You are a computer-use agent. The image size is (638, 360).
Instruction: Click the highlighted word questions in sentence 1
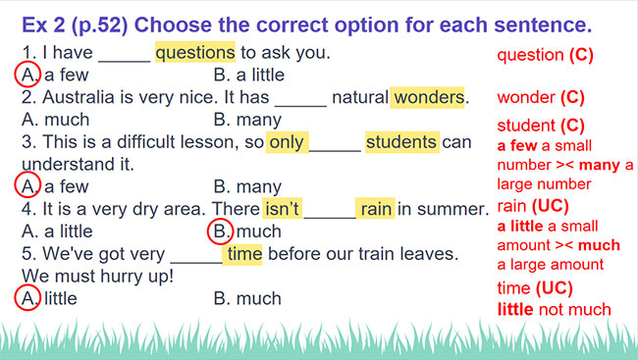[x=194, y=52]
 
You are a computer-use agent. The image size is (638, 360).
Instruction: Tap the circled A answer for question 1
[x=28, y=75]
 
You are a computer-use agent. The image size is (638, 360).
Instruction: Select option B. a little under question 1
[x=248, y=75]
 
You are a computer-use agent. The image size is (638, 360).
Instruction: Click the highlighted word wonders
[x=428, y=97]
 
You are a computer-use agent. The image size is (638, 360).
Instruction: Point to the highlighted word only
[x=287, y=142]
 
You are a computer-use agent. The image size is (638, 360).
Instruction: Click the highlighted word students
[x=400, y=142]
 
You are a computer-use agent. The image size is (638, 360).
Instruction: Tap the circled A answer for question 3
[x=28, y=186]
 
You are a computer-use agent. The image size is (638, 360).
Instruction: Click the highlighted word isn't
[x=282, y=209]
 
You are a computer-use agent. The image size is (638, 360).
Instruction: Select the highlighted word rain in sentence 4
[x=375, y=209]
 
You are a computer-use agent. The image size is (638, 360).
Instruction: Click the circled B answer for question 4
[x=220, y=231]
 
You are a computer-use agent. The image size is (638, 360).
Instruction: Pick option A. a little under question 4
[x=57, y=231]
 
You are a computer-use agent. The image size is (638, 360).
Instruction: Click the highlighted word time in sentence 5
[x=242, y=254]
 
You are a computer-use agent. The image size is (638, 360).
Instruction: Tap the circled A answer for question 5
[x=28, y=298]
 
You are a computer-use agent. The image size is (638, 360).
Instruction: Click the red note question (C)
[x=545, y=55]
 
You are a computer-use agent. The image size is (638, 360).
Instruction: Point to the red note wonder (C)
[x=541, y=97]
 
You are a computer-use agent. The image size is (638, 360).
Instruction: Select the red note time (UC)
[x=536, y=288]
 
